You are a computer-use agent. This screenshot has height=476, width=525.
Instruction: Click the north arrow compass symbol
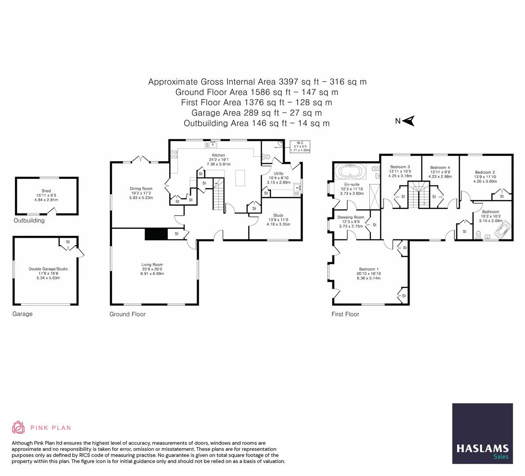click(x=409, y=121)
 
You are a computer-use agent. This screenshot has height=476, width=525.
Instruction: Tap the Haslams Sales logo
click(x=483, y=434)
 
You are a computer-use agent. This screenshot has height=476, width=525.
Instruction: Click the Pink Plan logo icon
click(x=19, y=428)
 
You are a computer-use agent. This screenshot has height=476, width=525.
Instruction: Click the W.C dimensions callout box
click(x=300, y=146)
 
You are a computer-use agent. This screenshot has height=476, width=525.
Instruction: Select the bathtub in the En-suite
click(x=350, y=170)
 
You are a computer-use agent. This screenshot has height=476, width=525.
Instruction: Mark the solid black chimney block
click(x=156, y=234)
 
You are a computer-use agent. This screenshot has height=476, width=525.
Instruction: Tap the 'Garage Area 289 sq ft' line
click(x=257, y=113)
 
